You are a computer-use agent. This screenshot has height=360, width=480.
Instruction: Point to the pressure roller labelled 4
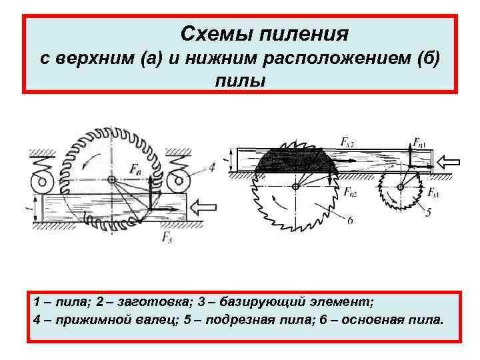click(178, 179)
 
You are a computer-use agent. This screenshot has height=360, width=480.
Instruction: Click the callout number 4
click(211, 168)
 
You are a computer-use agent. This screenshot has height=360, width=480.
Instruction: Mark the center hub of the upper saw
click(111, 179)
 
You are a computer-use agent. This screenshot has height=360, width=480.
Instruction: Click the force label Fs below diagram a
click(165, 237)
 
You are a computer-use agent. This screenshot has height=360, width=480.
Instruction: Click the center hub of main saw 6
click(295, 186)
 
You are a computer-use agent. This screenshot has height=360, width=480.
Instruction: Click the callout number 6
click(350, 220)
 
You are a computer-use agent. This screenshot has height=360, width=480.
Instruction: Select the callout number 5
click(428, 213)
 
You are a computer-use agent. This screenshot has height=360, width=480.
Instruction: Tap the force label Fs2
click(348, 141)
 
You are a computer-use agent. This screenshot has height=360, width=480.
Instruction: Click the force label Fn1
click(421, 142)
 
